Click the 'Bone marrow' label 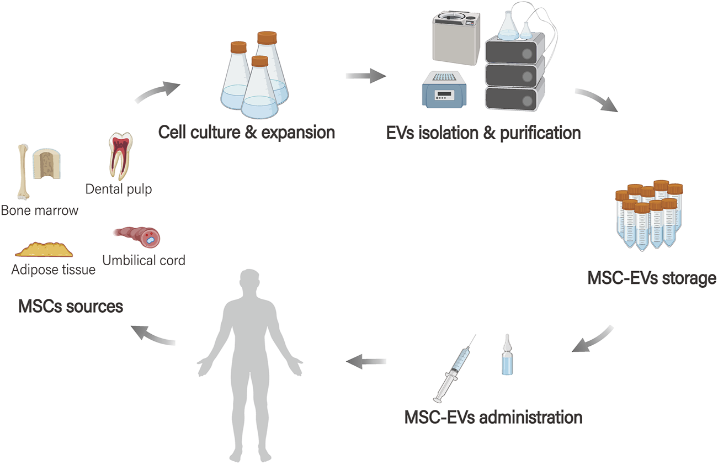(x=39, y=210)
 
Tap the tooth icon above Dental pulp (x=119, y=156)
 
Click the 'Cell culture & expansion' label (x=246, y=133)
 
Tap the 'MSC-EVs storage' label (x=651, y=278)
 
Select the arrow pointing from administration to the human (x=366, y=362)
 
